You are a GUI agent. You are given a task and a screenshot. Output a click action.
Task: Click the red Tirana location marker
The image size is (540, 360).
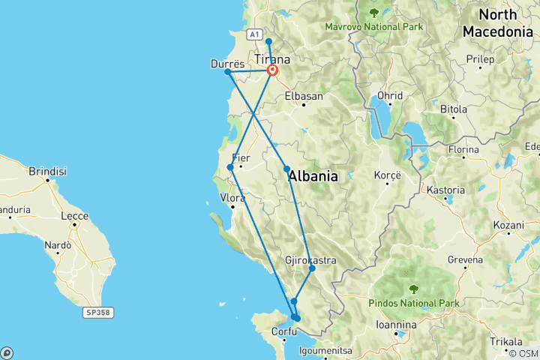click(x=273, y=71)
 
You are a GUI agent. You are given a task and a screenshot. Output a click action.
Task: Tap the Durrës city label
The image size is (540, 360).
click(x=226, y=64)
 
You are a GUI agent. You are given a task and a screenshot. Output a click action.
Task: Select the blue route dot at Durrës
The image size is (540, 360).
click(x=228, y=72)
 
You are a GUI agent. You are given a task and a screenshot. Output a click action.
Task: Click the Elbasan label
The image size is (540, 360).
click(x=304, y=96)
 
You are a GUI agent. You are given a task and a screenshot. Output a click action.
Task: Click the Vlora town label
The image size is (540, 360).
click(x=232, y=198)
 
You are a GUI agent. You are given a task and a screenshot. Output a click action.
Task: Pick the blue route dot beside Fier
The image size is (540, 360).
click(x=229, y=166)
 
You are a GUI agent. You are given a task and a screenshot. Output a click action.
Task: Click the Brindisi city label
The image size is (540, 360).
click(x=48, y=171)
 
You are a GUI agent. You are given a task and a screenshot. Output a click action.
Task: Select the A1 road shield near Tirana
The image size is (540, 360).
click(x=254, y=34)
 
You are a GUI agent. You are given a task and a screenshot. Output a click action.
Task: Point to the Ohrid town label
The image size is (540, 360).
click(x=390, y=96)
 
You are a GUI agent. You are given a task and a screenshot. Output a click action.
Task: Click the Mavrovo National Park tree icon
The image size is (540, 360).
click(x=373, y=13)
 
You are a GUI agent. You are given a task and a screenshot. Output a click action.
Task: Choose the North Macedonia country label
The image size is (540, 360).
click(x=498, y=23)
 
